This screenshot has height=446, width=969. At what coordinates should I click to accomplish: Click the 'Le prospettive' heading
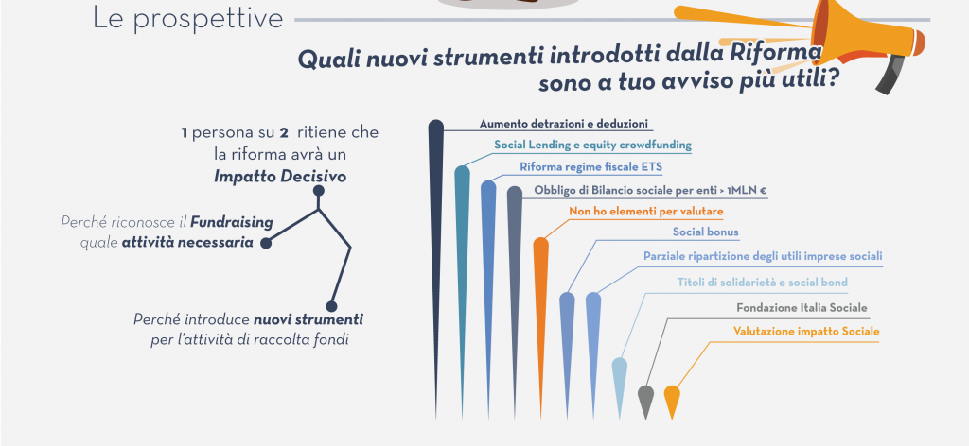[187, 19]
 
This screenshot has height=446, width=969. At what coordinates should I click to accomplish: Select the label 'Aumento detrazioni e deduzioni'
[564, 124]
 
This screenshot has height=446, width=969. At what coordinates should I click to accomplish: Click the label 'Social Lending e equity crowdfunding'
[592, 145]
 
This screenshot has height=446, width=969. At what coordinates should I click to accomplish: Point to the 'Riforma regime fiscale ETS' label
[590, 167]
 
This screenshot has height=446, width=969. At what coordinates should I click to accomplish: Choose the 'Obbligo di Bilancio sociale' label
[651, 191]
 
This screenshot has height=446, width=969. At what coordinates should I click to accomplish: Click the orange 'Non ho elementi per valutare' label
[645, 212]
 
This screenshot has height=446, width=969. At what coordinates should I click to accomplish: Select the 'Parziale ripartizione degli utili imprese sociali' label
[763, 256]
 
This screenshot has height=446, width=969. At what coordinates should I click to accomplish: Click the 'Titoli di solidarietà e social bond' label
[762, 283]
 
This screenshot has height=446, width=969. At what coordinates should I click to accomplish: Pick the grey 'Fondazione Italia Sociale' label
[802, 308]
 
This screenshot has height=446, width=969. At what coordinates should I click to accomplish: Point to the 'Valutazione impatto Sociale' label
[806, 332]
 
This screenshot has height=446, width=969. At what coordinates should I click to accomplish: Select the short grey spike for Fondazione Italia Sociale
[645, 401]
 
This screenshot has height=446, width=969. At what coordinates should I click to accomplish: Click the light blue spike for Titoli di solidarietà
[619, 386]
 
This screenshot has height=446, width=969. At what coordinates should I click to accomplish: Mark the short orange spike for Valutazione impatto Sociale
[672, 401]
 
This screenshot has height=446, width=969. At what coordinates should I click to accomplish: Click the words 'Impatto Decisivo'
[280, 177]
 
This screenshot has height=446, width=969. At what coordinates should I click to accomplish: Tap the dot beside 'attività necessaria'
[266, 243]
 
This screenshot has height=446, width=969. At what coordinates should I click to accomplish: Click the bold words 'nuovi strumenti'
[308, 319]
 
